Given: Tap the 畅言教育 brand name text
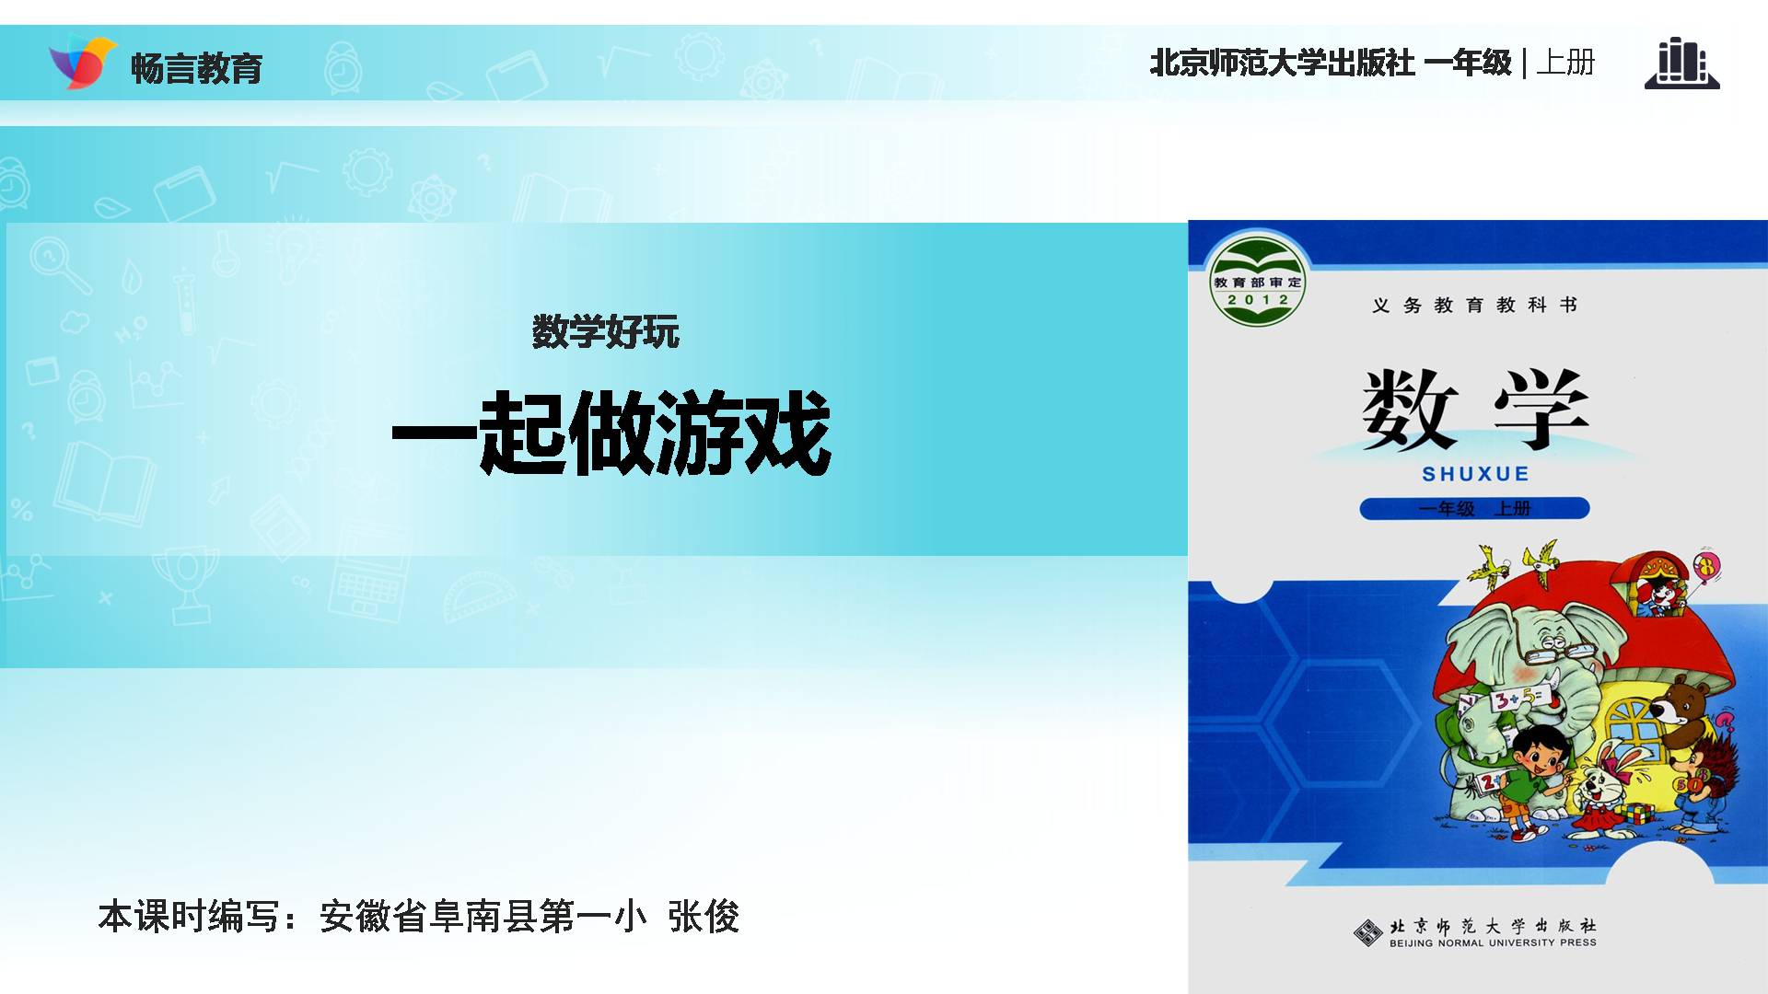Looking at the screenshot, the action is pyautogui.click(x=197, y=68).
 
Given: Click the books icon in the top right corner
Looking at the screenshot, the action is pyautogui.click(x=1681, y=64).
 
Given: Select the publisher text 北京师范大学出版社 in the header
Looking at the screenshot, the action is pyautogui.click(x=1282, y=63).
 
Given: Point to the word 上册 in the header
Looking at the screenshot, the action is pyautogui.click(x=1565, y=63).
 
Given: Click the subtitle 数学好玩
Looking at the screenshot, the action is pyautogui.click(x=605, y=331).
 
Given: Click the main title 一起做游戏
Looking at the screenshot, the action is pyautogui.click(x=611, y=432).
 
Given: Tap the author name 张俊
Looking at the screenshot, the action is pyautogui.click(x=704, y=916).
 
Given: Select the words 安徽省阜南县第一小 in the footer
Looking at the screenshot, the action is pyautogui.click(x=483, y=916).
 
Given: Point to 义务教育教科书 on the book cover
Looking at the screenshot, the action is pyautogui.click(x=1474, y=305).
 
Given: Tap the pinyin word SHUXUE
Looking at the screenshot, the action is pyautogui.click(x=1475, y=474).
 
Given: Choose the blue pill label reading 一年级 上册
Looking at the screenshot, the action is pyautogui.click(x=1474, y=508).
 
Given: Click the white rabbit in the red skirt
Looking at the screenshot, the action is pyautogui.click(x=1606, y=788).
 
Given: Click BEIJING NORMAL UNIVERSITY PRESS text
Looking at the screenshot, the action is pyautogui.click(x=1493, y=943).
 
